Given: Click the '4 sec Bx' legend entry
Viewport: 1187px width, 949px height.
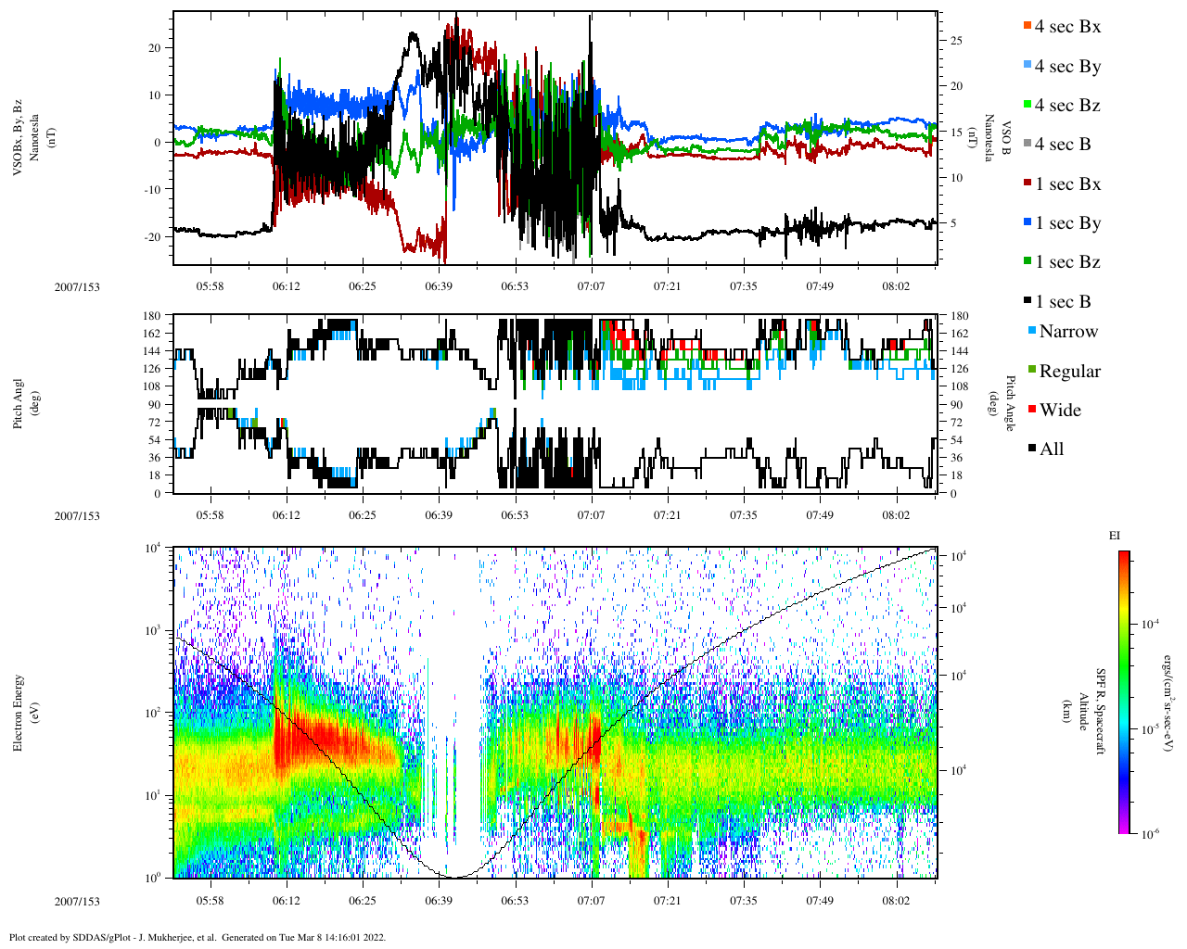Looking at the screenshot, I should (x=1066, y=27).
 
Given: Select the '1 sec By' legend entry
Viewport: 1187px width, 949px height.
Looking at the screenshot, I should (x=1067, y=223).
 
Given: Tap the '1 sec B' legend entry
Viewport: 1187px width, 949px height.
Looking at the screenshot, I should (x=1063, y=302).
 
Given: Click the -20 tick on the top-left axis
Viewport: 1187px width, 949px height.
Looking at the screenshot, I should (x=155, y=236).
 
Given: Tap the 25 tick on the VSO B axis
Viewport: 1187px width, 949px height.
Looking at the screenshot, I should (x=956, y=41).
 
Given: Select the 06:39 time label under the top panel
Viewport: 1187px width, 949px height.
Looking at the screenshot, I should (x=439, y=286).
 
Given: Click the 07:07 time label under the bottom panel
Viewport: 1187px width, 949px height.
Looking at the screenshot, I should (x=591, y=901).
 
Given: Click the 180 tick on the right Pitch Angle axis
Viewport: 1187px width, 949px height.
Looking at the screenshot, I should (x=959, y=317).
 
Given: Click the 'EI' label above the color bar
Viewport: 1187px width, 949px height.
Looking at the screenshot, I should (x=1115, y=536).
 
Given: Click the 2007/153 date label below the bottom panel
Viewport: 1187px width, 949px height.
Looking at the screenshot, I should (x=77, y=901).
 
